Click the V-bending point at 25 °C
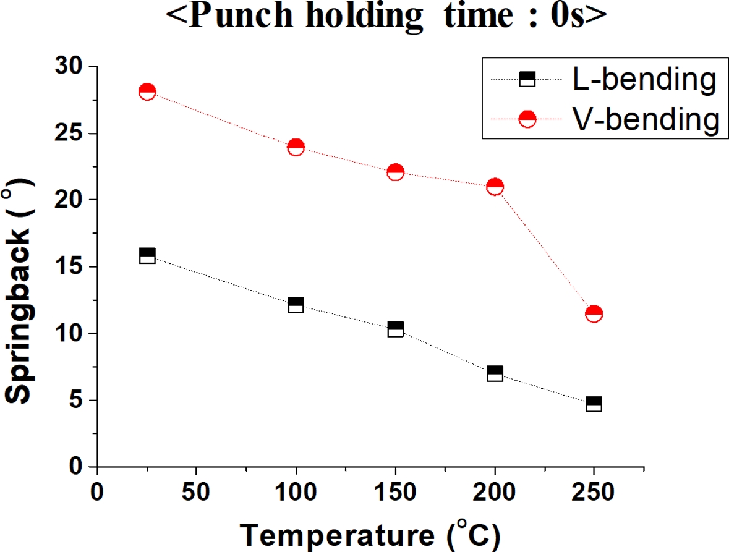147,92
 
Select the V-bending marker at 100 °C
296,147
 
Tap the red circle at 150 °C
395,172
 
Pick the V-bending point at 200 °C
495,187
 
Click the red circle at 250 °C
594,313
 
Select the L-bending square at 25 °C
147,256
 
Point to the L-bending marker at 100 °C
296,305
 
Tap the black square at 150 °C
395,329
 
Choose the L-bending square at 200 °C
495,373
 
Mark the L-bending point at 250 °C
594,404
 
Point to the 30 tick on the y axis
69,67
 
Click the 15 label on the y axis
69,267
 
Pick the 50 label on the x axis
196,493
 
